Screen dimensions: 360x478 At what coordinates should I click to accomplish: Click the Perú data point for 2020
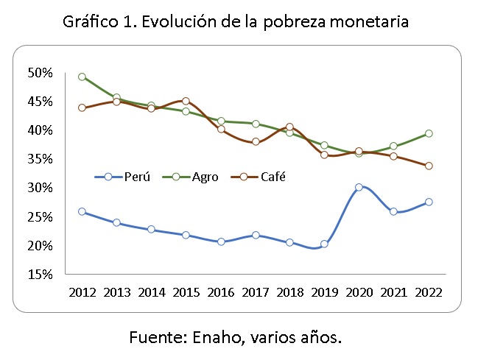359,187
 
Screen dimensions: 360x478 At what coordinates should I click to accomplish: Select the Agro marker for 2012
82,77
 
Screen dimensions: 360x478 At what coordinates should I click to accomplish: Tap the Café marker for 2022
428,166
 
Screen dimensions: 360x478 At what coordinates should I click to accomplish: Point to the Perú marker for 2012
82,211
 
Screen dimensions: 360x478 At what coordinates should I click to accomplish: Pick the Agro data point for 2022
428,133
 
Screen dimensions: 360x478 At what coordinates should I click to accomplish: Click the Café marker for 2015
186,101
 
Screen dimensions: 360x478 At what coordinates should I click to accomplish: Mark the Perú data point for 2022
428,202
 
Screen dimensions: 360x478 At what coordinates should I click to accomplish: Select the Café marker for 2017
255,141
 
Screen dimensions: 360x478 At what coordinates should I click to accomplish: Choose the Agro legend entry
193,177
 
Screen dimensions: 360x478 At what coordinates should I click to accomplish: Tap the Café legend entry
259,177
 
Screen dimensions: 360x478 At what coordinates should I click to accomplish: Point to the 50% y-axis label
41,73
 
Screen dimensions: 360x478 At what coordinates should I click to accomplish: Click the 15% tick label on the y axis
41,275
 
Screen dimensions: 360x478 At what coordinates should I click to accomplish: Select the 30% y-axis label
41,188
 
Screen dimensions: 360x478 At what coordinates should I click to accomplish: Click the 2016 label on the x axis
220,291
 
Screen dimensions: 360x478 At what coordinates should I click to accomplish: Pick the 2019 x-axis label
324,291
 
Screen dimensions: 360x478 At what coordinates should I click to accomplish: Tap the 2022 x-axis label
428,291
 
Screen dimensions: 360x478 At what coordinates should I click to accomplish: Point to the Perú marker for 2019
324,244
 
